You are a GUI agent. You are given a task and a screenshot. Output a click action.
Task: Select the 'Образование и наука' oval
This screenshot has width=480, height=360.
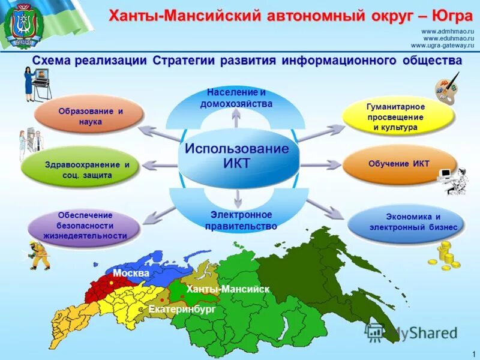[90, 116]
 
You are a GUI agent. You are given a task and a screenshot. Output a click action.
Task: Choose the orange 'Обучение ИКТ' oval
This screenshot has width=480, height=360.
[399, 164]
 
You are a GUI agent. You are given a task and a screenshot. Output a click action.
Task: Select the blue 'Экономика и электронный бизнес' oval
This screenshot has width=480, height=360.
[406, 222]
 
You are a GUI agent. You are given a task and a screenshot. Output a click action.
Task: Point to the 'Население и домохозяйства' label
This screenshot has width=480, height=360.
[236, 98]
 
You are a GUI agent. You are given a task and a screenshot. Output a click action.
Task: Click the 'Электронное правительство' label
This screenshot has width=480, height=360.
[241, 221]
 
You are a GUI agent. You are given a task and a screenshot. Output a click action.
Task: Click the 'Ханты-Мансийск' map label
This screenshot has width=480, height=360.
[227, 289]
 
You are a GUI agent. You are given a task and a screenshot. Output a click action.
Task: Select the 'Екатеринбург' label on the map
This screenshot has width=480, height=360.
[181, 309]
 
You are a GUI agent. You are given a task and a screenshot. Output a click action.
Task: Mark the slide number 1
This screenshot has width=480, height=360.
[474, 352]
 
